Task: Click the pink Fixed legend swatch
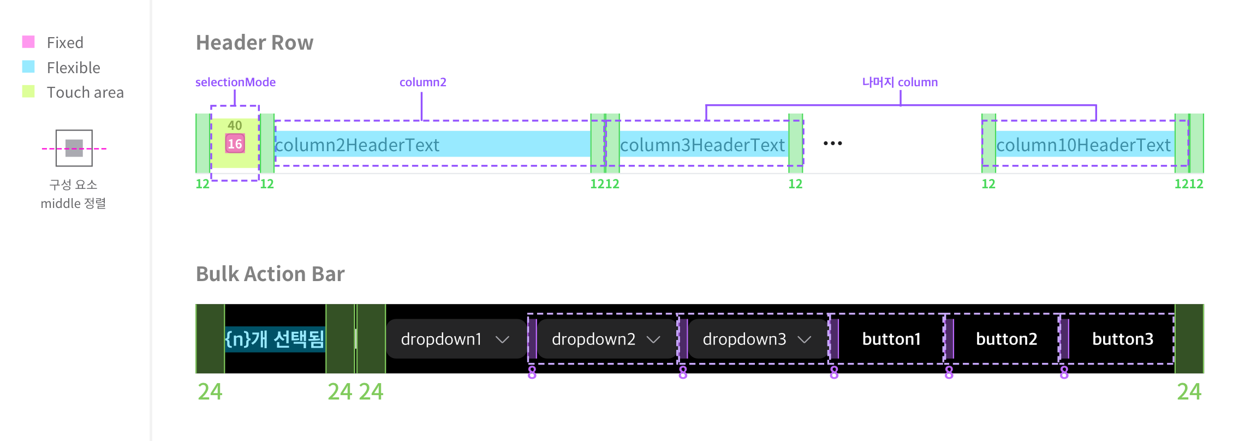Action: (28, 42)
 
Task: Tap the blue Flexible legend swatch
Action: (28, 67)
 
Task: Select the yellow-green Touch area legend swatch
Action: (28, 91)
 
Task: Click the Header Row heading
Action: (254, 43)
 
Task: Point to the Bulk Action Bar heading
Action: (270, 274)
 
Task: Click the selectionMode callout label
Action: (235, 82)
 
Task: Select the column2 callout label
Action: (423, 82)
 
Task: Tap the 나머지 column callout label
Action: (900, 82)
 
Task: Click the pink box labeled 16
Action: (235, 144)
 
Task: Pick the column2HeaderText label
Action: (358, 145)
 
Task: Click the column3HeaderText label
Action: (702, 145)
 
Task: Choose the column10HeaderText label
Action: (1083, 145)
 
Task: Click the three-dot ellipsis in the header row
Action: (833, 144)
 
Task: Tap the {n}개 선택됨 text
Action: (275, 339)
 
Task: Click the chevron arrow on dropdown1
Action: (502, 339)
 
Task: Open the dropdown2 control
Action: (606, 339)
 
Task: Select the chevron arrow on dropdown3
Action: (804, 339)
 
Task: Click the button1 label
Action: (891, 339)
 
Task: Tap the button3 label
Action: (1123, 339)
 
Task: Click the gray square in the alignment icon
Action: (74, 148)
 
